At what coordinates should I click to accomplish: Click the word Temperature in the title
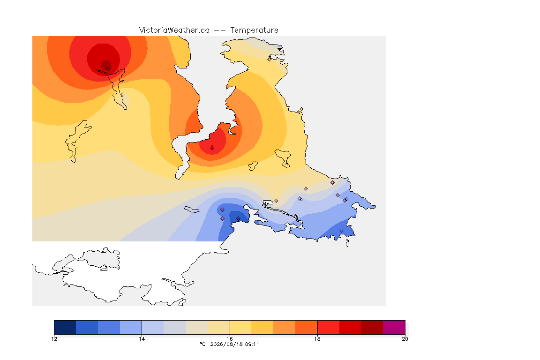254,30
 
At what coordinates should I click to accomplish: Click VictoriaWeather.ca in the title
174,30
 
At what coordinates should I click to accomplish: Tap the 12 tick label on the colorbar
54,339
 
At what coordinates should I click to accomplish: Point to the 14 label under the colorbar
142,339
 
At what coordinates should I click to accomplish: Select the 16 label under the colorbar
230,339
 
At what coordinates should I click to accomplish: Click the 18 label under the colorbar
317,339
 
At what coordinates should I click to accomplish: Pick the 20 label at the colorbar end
405,339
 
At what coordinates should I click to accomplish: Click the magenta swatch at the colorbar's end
394,327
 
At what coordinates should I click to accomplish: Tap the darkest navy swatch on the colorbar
65,327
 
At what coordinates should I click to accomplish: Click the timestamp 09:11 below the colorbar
252,344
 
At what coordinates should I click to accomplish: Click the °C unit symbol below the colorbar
202,344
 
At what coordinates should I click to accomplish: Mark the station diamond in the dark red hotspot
108,68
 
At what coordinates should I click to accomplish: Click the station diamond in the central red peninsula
212,148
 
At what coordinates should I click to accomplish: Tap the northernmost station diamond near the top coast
270,59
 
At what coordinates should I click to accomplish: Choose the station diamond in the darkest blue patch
238,219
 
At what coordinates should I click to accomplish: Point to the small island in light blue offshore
192,210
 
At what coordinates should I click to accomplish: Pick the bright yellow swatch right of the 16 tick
241,327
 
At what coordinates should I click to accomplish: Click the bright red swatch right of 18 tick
329,327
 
